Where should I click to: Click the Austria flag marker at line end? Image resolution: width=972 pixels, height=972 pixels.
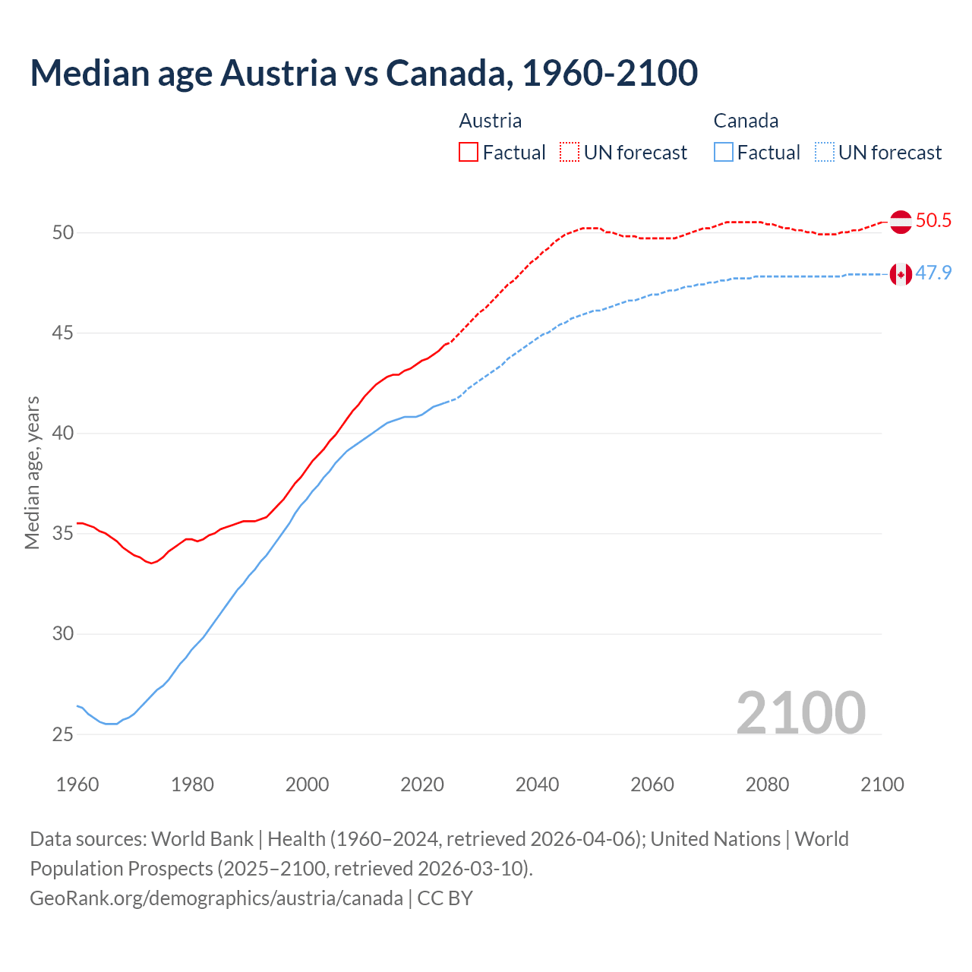pyautogui.click(x=901, y=222)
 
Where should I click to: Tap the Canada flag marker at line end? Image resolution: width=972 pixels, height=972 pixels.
pyautogui.click(x=901, y=274)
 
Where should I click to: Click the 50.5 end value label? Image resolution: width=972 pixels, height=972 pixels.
pyautogui.click(x=933, y=221)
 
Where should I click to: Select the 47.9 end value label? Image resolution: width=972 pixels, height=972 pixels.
pyautogui.click(x=933, y=273)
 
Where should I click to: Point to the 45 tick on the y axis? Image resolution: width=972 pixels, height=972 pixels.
pyautogui.click(x=63, y=333)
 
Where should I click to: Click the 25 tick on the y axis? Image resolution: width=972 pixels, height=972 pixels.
pyautogui.click(x=63, y=734)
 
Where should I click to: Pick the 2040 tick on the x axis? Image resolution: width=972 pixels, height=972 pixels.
pyautogui.click(x=537, y=784)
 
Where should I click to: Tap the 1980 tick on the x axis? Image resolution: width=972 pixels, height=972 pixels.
pyautogui.click(x=192, y=784)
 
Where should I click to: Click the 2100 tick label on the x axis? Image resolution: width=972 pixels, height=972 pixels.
pyautogui.click(x=882, y=784)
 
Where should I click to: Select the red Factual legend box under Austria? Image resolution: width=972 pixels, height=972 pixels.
pyautogui.click(x=469, y=153)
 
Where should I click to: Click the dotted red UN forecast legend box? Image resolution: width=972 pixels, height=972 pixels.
pyautogui.click(x=570, y=153)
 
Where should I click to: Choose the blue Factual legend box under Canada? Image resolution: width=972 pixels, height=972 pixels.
pyautogui.click(x=724, y=153)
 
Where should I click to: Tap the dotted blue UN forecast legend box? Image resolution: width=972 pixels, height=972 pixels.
pyautogui.click(x=825, y=153)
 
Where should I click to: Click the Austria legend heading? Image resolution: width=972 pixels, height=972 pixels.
pyautogui.click(x=491, y=121)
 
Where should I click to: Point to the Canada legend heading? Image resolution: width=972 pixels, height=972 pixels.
pyautogui.click(x=746, y=121)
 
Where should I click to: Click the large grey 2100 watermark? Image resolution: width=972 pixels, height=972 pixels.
pyautogui.click(x=800, y=712)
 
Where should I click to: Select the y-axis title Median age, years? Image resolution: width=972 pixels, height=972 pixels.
pyautogui.click(x=32, y=472)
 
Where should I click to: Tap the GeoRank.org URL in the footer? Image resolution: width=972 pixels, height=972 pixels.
pyautogui.click(x=216, y=898)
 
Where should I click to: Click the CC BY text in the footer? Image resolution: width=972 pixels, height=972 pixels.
pyautogui.click(x=445, y=898)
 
